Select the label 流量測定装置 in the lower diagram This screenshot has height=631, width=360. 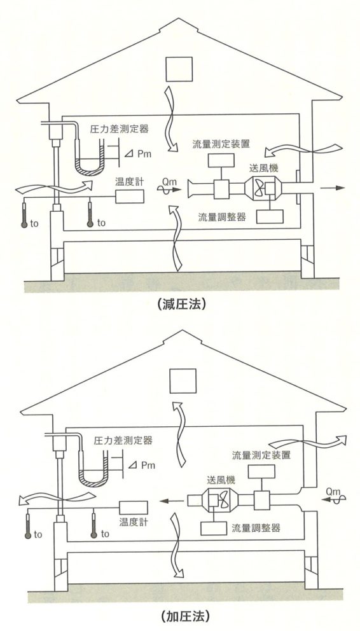coord(261,455)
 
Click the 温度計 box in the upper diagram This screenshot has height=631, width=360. coord(130,197)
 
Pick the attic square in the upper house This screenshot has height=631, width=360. coord(179,69)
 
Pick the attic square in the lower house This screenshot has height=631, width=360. coord(183,380)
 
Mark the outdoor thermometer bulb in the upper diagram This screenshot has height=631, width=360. coord(24,225)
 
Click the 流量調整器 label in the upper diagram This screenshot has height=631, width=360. coord(221,218)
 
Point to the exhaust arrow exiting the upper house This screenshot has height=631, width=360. coord(333,188)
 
